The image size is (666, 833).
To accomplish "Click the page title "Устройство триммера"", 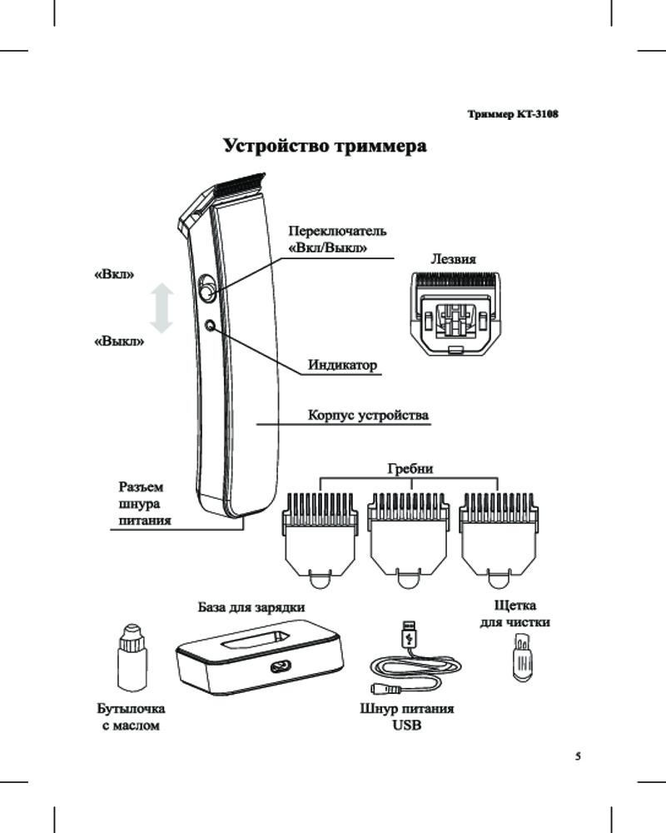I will click(x=326, y=147).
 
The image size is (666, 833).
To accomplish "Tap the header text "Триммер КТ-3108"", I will click(x=511, y=113).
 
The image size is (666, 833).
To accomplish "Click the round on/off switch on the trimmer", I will click(x=206, y=292).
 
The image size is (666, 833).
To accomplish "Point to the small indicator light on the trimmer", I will click(x=210, y=325).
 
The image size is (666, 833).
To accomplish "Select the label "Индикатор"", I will click(x=342, y=365).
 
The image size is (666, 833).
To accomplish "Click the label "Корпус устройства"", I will click(x=368, y=414).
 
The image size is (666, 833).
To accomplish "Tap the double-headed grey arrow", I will click(x=163, y=308).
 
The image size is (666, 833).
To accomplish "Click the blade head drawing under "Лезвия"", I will click(x=453, y=314).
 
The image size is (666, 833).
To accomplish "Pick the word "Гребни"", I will click(x=410, y=470).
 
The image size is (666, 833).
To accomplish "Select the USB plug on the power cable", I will click(x=408, y=634).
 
